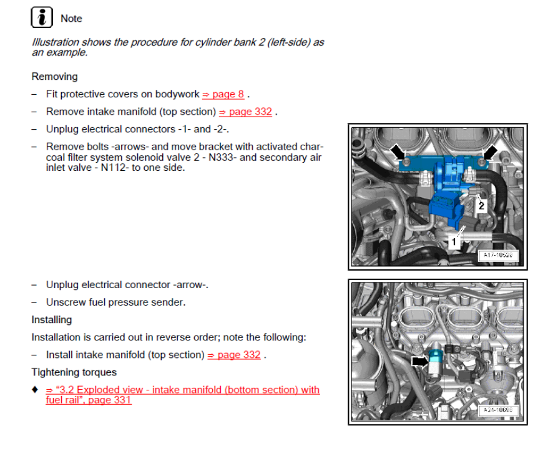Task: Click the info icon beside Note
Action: point(41,18)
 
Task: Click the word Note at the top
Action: point(71,19)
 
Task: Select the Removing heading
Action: point(55,77)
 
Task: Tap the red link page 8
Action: point(223,94)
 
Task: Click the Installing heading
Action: point(52,320)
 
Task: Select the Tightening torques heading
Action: point(74,372)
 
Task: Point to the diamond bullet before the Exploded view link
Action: point(35,390)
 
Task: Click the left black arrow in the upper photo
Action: point(398,152)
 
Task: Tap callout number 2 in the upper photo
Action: point(481,205)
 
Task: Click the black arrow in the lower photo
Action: point(421,362)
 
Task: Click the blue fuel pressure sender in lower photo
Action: point(434,357)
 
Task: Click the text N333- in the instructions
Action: point(223,157)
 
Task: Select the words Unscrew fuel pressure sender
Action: point(115,302)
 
